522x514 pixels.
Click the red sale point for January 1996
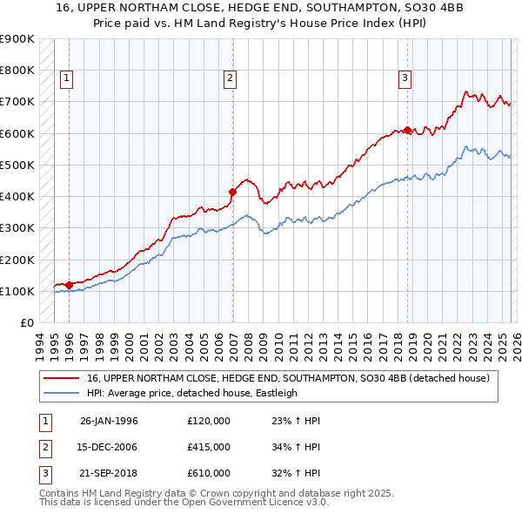click(69, 285)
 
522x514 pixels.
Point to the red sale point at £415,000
click(232, 192)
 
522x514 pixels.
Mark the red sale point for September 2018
click(407, 131)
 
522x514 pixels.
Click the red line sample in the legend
click(61, 378)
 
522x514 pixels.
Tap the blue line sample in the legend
click(61, 393)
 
